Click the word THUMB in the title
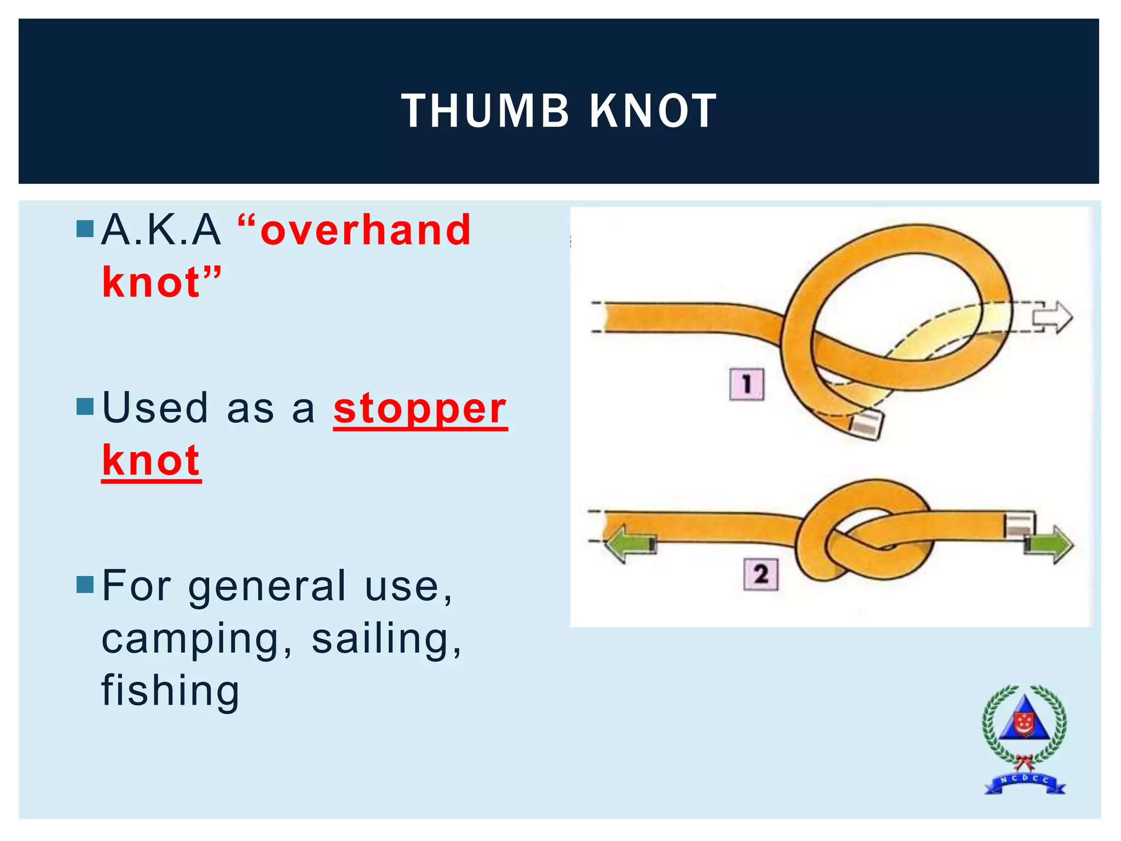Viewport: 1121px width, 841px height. pyautogui.click(x=485, y=111)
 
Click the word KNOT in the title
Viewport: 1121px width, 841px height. pyautogui.click(x=653, y=111)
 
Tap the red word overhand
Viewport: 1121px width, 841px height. pyautogui.click(x=366, y=231)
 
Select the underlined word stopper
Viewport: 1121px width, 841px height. pyautogui.click(x=420, y=409)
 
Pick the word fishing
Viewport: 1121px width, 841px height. pyautogui.click(x=171, y=691)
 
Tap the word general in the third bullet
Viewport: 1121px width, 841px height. pyautogui.click(x=268, y=586)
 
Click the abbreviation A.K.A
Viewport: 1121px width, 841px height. pyautogui.click(x=161, y=231)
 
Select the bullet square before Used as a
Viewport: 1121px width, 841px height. pyautogui.click(x=85, y=406)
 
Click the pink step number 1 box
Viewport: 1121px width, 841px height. pyautogui.click(x=747, y=384)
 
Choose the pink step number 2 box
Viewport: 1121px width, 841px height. pyautogui.click(x=760, y=574)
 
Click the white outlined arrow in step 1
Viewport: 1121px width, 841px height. pyautogui.click(x=1052, y=317)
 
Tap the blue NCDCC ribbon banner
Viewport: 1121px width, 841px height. pyautogui.click(x=1025, y=782)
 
